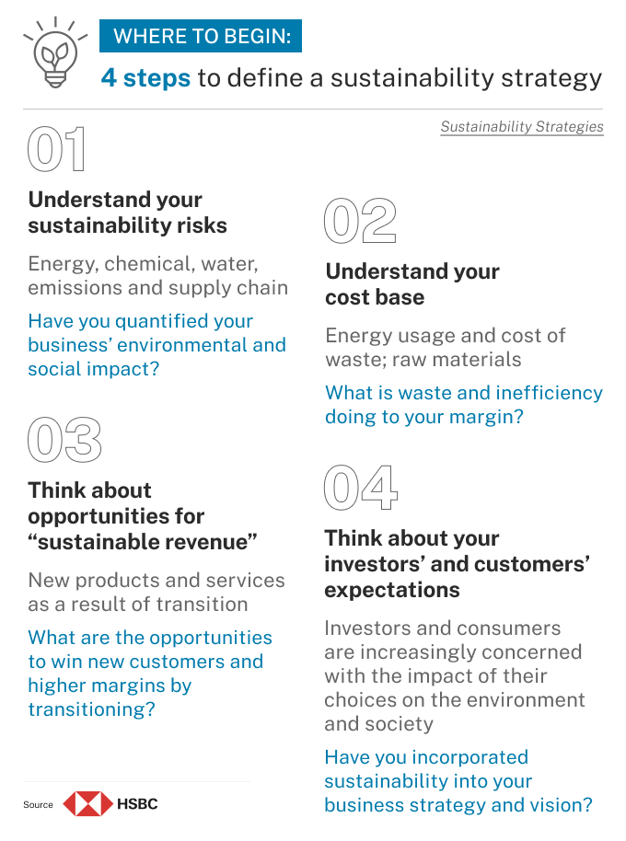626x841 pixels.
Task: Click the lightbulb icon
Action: [x=55, y=52]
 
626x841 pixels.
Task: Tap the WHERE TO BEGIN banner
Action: [x=201, y=36]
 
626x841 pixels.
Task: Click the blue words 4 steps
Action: [x=145, y=78]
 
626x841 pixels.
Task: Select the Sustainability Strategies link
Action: [x=522, y=127]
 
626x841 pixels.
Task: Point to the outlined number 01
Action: [x=56, y=149]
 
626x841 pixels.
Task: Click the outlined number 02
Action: [x=360, y=221]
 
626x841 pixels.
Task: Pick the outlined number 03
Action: [x=64, y=440]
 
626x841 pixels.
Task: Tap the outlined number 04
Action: [x=361, y=488]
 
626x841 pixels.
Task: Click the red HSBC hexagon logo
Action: [x=88, y=804]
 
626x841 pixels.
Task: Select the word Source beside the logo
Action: [x=38, y=804]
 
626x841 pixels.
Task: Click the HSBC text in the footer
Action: [x=137, y=804]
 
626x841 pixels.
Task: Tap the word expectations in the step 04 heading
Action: [x=392, y=590]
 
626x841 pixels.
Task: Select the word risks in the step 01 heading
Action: [x=203, y=225]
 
